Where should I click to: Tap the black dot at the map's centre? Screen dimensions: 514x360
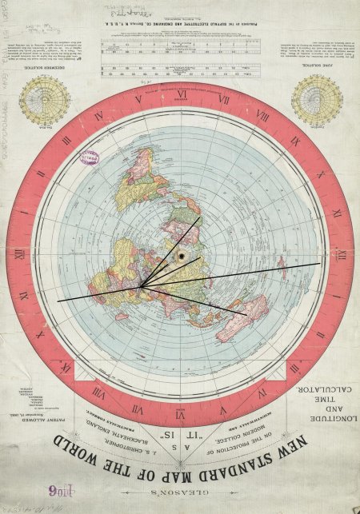182,256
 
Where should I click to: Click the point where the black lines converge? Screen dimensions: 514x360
141,286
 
